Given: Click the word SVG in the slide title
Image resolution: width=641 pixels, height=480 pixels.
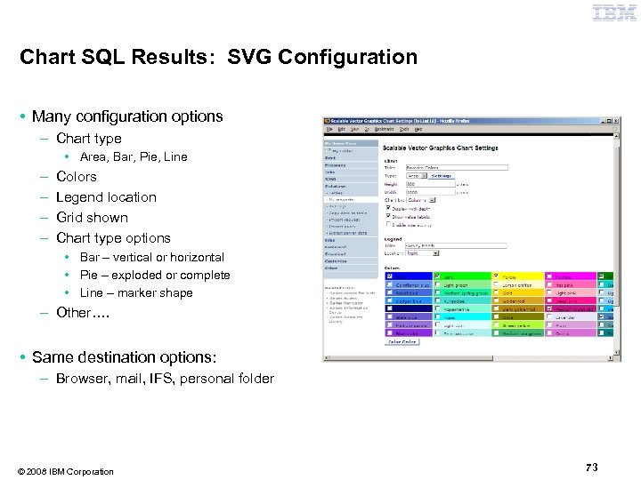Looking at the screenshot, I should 247,58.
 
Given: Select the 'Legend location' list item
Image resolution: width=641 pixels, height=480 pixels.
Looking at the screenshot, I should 106,197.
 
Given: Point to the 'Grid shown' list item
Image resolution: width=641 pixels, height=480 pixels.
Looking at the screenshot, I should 92,218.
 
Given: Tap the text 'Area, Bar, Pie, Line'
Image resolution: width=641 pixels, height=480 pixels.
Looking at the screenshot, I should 134,157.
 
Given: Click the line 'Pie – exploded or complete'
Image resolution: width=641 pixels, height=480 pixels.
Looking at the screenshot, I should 155,276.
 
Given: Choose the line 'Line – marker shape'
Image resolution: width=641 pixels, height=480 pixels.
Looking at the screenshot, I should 136,293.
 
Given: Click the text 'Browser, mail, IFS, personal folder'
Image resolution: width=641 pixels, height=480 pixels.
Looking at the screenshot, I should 165,379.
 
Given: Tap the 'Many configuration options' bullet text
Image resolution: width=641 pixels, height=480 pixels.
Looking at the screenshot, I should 127,116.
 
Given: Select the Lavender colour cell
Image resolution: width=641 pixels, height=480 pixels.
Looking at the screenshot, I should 570,317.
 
